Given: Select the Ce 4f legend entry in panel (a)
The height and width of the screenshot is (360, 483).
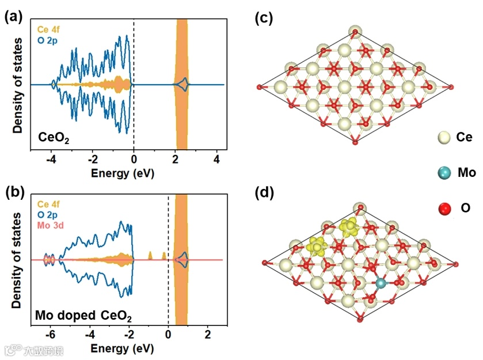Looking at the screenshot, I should coord(50,29).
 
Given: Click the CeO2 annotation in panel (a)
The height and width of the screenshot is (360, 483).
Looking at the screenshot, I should coord(52,137).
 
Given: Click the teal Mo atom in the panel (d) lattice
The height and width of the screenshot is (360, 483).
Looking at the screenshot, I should coord(380,283).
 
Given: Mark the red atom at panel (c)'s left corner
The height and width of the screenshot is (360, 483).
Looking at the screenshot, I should coord(260,88).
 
